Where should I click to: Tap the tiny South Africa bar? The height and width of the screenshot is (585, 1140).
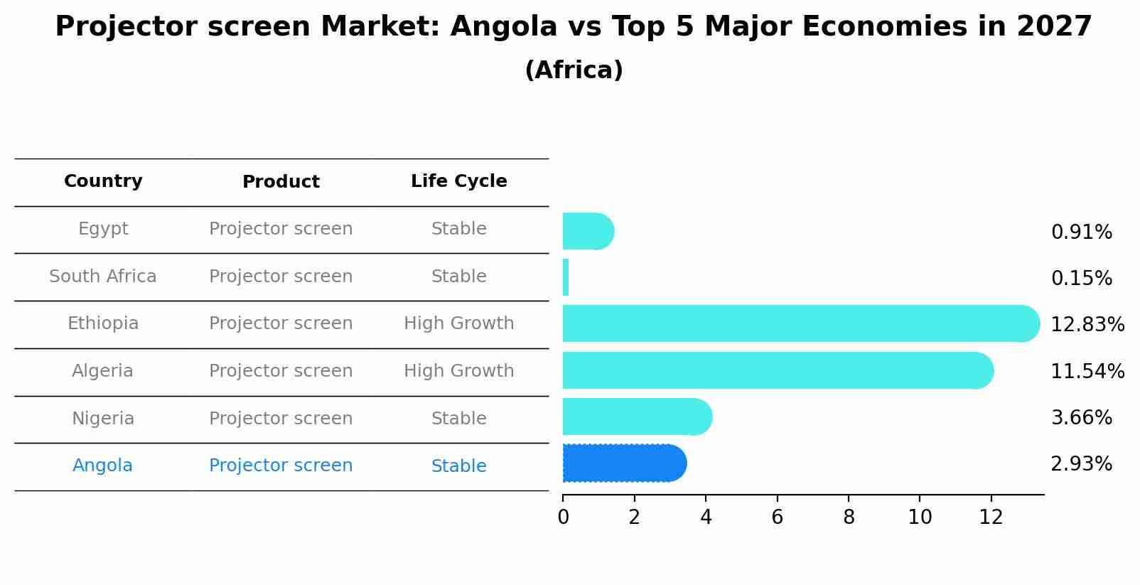(x=566, y=277)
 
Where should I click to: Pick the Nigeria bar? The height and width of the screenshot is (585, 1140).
(x=636, y=417)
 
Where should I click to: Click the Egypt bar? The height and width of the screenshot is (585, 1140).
(x=587, y=231)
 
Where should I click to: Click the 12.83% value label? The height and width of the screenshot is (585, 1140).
(x=1087, y=325)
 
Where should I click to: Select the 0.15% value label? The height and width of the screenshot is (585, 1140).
(x=1081, y=279)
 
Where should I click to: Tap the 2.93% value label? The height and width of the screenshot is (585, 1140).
(x=1081, y=464)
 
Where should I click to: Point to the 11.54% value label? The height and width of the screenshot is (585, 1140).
(x=1087, y=371)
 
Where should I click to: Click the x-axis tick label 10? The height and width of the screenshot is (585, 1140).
(x=920, y=517)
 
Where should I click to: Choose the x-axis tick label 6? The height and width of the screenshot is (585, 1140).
(x=777, y=517)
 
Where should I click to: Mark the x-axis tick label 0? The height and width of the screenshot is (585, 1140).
(x=563, y=517)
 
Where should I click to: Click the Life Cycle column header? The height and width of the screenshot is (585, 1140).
(x=458, y=181)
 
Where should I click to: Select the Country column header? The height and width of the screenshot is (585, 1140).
(x=103, y=181)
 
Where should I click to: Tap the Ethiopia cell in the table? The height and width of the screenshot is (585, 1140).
(x=103, y=323)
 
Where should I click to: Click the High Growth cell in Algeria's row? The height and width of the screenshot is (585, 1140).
(x=458, y=371)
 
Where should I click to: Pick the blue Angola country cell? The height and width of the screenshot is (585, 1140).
(x=102, y=466)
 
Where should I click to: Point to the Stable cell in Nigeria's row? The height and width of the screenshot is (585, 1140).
(x=458, y=419)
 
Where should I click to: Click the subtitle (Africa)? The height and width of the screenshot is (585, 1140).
(x=574, y=70)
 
